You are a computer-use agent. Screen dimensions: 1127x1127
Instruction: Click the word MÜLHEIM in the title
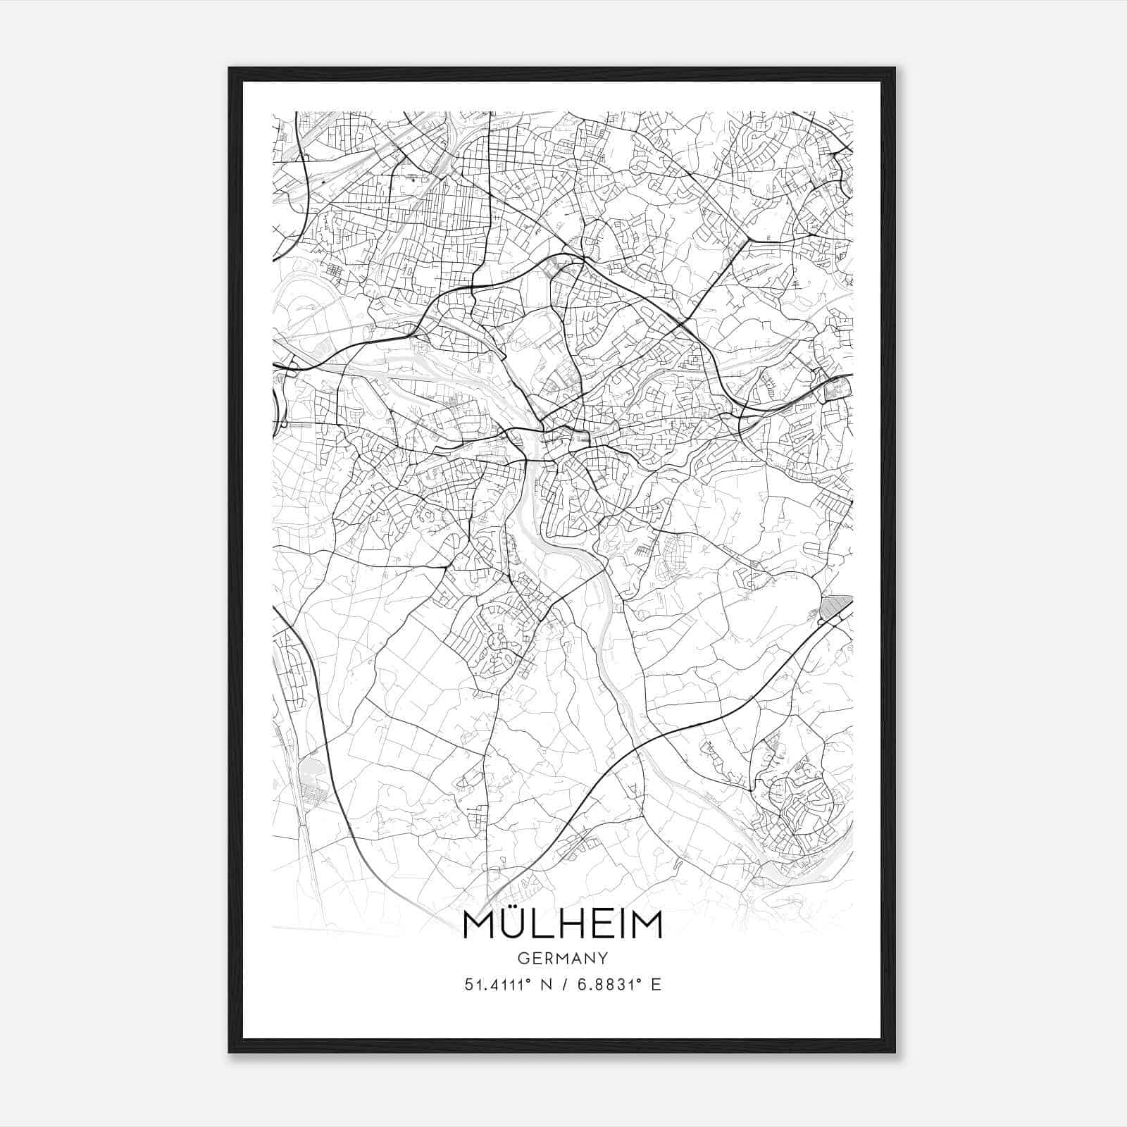coord(563,925)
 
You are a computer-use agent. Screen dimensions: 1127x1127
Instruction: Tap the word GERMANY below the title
coord(563,958)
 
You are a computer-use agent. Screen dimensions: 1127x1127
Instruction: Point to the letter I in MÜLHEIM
coord(623,926)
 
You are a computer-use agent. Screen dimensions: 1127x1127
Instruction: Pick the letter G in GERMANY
coord(523,958)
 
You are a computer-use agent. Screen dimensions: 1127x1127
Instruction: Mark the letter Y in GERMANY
coord(604,958)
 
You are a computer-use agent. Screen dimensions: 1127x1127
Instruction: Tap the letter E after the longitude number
coord(656,985)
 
